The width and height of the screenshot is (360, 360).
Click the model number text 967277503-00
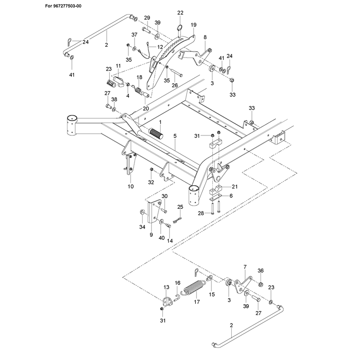67,6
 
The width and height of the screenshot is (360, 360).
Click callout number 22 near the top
180,13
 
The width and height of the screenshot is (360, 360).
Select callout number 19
193,25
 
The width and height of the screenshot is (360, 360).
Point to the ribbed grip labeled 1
156,134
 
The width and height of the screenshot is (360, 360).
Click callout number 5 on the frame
175,136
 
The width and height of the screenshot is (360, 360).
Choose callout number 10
130,186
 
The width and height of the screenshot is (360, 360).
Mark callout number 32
151,182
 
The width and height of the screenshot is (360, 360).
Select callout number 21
234,186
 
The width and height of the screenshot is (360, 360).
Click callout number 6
231,196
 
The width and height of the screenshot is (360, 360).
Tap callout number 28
201,213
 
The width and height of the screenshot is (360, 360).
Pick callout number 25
180,207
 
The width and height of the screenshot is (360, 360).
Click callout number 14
170,241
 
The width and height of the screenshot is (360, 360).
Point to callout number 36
261,270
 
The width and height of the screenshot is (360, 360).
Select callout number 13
166,287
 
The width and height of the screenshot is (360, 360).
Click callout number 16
178,283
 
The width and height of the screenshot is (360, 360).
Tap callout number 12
160,47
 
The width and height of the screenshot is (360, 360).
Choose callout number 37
134,35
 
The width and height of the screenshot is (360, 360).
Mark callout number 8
205,37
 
